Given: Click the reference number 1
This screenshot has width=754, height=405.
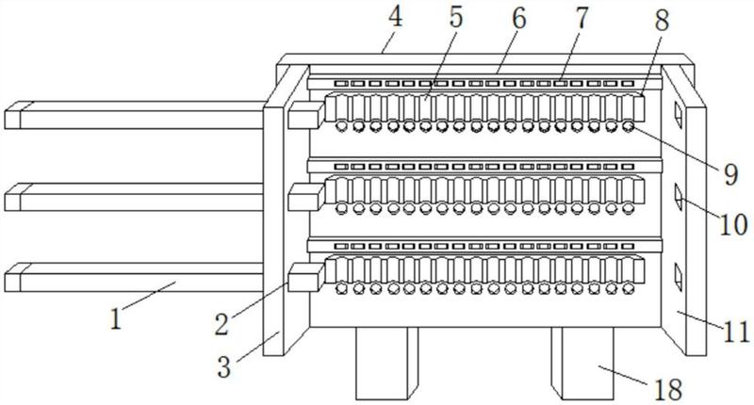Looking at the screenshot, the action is click(115, 319).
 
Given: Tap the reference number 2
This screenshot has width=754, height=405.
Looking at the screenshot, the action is click(221, 325).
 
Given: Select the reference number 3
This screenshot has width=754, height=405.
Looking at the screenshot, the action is click(224, 367).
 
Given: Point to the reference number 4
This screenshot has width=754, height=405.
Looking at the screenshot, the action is click(394, 17).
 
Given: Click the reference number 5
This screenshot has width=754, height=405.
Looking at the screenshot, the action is click(455, 17).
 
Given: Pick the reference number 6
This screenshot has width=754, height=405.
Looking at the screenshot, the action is click(519, 18).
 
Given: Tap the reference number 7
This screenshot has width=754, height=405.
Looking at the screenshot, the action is click(582, 18).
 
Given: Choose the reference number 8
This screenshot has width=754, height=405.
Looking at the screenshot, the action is click(663, 22).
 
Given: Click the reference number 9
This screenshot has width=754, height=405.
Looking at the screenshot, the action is click(730, 174).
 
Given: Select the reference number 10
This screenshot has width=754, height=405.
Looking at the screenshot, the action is click(733, 224).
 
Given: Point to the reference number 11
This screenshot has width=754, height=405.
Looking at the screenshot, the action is click(737, 332).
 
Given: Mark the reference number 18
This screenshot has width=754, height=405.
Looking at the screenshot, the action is click(667, 389).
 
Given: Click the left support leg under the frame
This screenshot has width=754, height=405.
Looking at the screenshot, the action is click(386, 364).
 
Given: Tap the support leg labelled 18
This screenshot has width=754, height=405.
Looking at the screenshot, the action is click(582, 364).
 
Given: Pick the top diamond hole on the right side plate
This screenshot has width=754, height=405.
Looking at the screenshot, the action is click(678, 114).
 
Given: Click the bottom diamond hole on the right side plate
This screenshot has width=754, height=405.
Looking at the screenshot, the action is click(678, 276).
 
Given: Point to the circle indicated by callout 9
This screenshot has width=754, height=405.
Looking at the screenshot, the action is click(629, 126).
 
